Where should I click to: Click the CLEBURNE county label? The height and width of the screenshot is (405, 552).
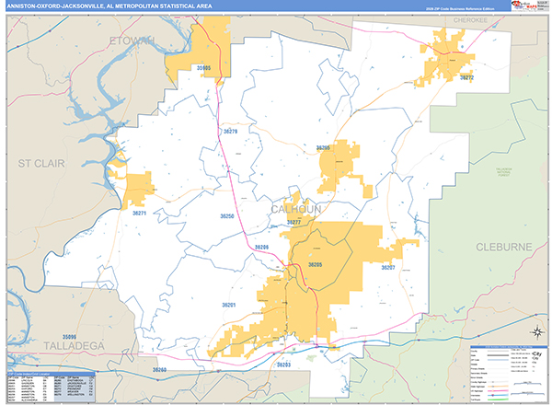[x=504, y=247]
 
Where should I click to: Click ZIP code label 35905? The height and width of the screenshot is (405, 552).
[x=201, y=68]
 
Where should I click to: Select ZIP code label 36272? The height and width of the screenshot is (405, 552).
[x=466, y=78]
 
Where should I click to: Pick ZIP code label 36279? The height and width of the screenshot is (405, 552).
[x=229, y=133]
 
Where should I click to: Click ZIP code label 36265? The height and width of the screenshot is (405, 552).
[x=322, y=147]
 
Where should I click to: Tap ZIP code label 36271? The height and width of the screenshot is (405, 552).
[x=139, y=213]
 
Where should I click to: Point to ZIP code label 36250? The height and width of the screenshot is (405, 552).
[x=227, y=215]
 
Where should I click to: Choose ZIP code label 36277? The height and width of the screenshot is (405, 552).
[x=294, y=223]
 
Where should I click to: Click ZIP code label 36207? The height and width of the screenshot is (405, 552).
[x=387, y=267]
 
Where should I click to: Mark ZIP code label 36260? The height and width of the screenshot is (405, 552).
[x=160, y=369]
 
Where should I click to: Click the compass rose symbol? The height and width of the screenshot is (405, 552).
[x=536, y=333]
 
